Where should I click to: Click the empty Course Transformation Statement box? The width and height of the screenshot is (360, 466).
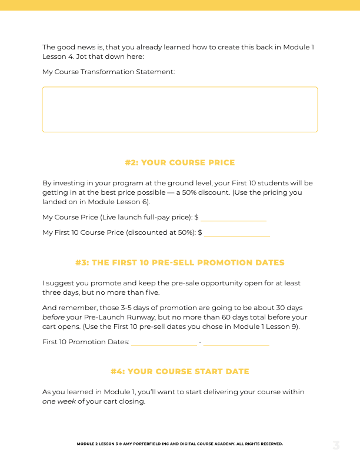[x=179, y=109]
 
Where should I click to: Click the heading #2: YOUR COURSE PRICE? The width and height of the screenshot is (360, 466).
[x=179, y=162]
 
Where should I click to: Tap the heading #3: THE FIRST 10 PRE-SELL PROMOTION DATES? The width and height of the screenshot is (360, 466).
[x=179, y=262]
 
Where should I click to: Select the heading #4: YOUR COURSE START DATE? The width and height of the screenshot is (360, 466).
[x=179, y=371]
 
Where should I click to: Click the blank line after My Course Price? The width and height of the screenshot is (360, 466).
[x=234, y=218]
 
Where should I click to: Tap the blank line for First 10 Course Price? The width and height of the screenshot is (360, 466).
[x=237, y=233]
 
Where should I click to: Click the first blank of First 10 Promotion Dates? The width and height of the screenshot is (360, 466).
[x=164, y=342]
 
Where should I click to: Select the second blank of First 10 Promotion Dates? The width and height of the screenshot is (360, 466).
[x=236, y=342]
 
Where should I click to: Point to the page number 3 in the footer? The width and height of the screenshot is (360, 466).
[x=336, y=445]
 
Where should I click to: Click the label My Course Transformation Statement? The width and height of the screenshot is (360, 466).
[x=109, y=72]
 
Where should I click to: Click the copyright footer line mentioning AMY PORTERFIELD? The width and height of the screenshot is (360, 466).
[x=179, y=444]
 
